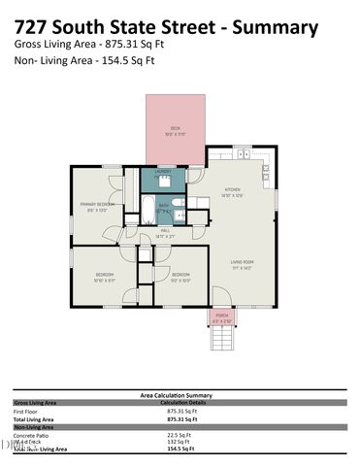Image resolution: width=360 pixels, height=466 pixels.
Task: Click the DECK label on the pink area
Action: (x=176, y=127)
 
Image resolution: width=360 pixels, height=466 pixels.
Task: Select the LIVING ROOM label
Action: (x=242, y=262)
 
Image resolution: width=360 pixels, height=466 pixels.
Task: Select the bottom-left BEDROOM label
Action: (x=105, y=276)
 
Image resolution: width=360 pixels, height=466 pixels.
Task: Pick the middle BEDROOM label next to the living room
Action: (x=181, y=276)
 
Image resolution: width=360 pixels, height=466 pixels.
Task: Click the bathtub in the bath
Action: (x=148, y=210)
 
